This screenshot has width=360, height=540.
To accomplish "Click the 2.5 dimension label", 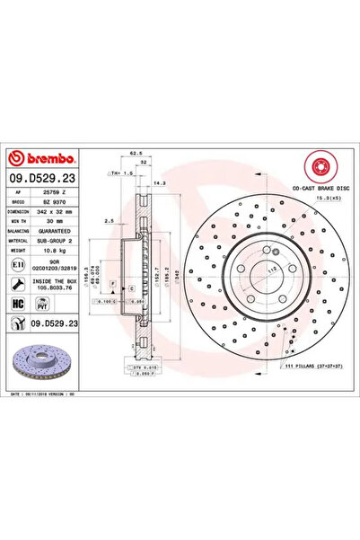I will [x=109, y=220].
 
